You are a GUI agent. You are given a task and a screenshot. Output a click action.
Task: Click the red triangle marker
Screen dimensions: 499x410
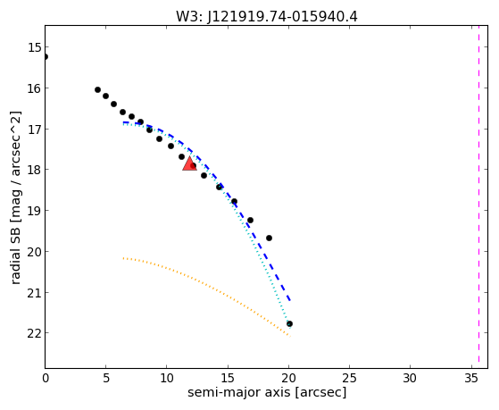(x=189, y=163)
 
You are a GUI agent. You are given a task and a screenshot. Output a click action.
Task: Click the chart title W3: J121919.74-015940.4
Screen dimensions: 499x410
(x=267, y=17)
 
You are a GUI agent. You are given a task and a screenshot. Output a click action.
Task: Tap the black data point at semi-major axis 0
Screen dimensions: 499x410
(x=46, y=56)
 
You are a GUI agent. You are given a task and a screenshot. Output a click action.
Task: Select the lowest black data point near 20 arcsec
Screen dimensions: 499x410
(x=289, y=324)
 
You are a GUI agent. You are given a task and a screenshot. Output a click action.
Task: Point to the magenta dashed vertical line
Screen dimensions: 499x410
(x=478, y=197)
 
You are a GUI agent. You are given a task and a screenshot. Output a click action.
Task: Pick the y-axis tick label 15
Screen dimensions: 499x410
(x=35, y=47)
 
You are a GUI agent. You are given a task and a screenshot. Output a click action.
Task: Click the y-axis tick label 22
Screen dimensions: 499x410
(x=35, y=333)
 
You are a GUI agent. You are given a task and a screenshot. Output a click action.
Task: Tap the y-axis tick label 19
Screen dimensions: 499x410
(x=35, y=211)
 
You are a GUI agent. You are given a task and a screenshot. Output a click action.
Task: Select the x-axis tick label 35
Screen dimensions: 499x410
(x=470, y=379)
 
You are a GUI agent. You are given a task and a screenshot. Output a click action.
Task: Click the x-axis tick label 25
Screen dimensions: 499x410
(x=349, y=379)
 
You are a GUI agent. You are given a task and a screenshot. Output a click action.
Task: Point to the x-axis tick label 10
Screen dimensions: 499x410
(x=166, y=379)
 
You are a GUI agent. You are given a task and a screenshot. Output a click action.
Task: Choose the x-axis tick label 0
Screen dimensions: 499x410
(x=46, y=379)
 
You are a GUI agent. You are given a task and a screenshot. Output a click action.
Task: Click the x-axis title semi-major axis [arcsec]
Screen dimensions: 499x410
(x=267, y=392)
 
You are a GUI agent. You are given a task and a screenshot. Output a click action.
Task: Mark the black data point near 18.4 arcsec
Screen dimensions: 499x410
(x=269, y=238)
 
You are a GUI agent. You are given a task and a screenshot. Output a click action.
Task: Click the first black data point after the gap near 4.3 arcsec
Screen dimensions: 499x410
(x=97, y=90)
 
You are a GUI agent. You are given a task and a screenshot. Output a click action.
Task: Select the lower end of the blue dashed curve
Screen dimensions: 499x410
(x=289, y=300)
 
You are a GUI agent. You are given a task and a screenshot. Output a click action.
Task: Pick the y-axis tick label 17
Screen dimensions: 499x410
(x=35, y=129)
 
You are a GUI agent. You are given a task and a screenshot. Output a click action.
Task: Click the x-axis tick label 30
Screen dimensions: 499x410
(x=410, y=379)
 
